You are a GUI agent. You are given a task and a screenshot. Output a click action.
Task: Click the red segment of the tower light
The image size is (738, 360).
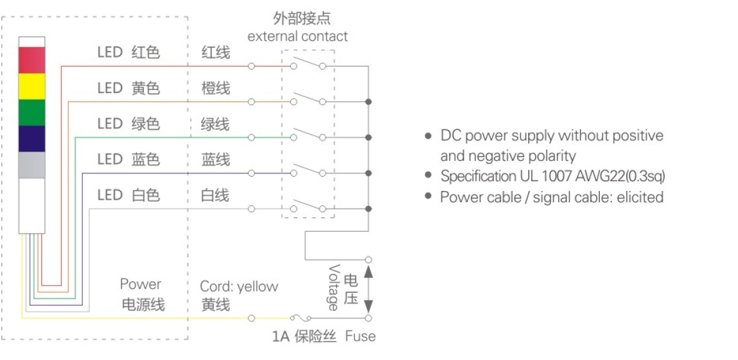point(32,60)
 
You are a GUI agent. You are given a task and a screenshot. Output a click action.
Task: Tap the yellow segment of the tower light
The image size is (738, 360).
point(32,86)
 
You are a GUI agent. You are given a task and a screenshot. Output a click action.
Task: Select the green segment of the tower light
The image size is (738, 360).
point(32,112)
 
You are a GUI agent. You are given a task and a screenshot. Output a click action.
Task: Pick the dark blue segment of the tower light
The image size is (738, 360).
point(32,139)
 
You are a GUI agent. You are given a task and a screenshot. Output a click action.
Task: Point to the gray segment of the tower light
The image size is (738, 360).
point(32,165)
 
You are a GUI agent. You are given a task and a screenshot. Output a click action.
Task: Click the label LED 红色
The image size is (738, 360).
point(128,52)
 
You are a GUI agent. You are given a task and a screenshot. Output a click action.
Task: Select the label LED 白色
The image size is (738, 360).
point(128,195)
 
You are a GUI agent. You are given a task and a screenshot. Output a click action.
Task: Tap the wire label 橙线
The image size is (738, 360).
point(215,88)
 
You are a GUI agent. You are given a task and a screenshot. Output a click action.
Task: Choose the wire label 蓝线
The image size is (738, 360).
point(215,160)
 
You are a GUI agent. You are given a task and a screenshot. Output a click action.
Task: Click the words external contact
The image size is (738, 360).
point(297,36)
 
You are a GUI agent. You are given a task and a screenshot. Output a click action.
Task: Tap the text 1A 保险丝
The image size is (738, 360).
point(304,337)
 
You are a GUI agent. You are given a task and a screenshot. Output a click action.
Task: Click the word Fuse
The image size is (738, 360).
point(360,337)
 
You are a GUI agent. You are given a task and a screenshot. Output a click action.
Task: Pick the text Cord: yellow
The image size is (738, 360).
point(239,286)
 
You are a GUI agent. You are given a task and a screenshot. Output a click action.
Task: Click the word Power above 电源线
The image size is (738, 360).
point(141,285)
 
